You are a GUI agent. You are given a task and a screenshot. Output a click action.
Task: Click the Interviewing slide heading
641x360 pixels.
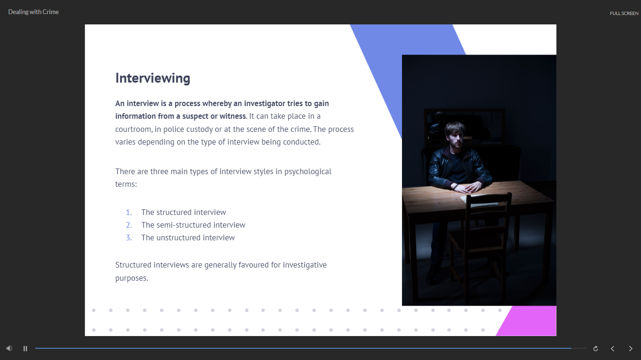(153, 78)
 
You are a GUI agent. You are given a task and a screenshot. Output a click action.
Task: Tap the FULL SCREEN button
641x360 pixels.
(624, 14)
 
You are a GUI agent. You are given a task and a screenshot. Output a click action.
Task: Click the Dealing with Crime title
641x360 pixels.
(33, 12)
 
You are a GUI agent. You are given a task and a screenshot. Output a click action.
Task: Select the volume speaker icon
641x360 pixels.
(9, 348)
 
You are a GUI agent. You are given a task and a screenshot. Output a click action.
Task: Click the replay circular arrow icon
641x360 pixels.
(595, 348)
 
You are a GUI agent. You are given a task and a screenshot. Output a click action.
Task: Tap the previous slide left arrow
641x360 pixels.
(612, 348)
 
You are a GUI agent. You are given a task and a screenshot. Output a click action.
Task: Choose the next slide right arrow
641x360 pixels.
(630, 348)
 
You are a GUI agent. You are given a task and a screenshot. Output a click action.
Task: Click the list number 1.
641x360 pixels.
(129, 212)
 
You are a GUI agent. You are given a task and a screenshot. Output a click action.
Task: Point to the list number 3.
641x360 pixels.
(129, 237)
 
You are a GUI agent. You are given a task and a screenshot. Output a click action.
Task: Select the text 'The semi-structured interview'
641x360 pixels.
(193, 225)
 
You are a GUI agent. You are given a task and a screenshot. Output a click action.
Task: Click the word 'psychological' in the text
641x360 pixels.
(308, 172)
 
